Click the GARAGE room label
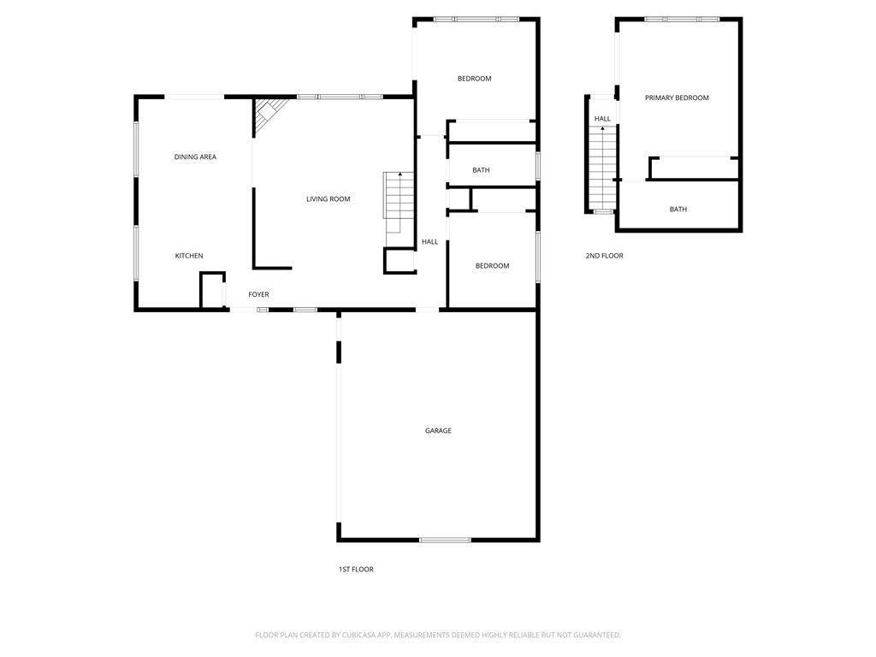[x=438, y=431]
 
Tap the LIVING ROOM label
[x=328, y=198]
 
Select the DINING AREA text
[x=195, y=157]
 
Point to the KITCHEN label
[x=189, y=256]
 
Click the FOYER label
[x=258, y=294]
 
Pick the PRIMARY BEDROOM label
[x=677, y=98]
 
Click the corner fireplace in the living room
[x=269, y=115]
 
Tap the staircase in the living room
[x=399, y=202]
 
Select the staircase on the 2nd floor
[x=602, y=168]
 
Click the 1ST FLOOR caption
[x=356, y=569]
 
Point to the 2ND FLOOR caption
[x=604, y=256]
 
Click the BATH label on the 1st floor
[x=481, y=170]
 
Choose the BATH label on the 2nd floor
[x=678, y=210]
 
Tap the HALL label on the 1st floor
[x=429, y=242]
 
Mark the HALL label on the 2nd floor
[x=602, y=118]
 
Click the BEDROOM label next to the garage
[x=492, y=266]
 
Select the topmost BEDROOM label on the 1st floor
[x=474, y=79]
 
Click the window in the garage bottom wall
[x=445, y=541]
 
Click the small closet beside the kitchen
[x=212, y=291]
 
